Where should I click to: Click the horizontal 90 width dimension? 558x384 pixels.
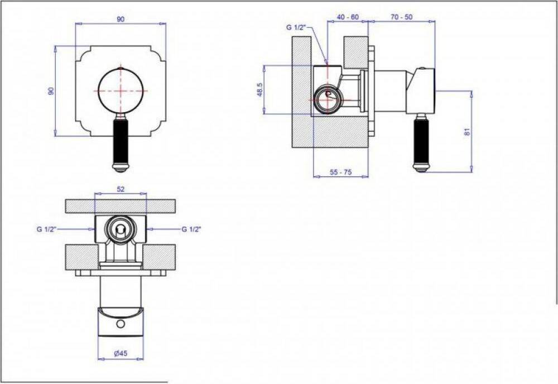tap(121, 20)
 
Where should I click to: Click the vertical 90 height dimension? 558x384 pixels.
tap(51, 91)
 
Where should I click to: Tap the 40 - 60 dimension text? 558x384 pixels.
tap(348, 17)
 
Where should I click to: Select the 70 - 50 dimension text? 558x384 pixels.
tap(401, 17)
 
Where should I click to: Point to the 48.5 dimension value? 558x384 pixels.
tap(260, 90)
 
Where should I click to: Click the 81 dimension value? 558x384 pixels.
tap(468, 131)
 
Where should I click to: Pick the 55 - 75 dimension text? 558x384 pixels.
tap(340, 172)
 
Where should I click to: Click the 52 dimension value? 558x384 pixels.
tap(121, 189)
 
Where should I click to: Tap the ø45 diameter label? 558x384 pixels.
tap(121, 353)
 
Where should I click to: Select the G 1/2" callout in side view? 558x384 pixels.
tap(296, 27)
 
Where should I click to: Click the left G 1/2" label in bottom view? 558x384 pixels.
tap(47, 229)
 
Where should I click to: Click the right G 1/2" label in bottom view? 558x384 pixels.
tap(191, 229)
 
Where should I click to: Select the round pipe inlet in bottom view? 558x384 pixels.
tap(121, 229)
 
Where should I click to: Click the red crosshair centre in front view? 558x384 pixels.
tap(121, 91)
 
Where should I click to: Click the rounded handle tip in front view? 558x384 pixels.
tap(121, 167)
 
